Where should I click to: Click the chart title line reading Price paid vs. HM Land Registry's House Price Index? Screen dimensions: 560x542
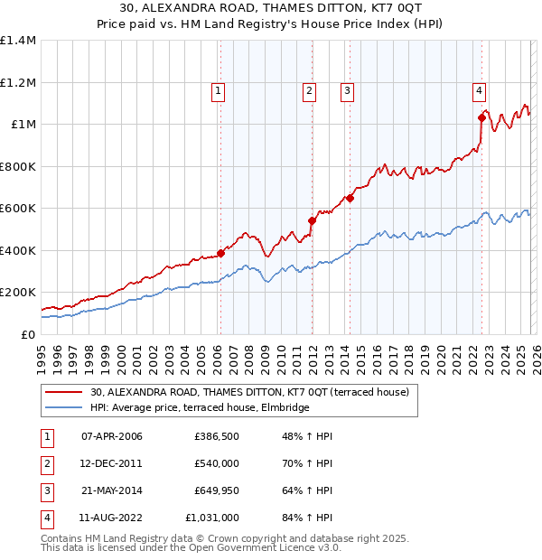pyautogui.click(x=271, y=24)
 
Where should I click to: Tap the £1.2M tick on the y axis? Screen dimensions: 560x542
pyautogui.click(x=18, y=82)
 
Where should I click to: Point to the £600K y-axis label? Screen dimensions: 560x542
pyautogui.click(x=18, y=208)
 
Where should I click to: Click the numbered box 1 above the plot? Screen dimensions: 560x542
pyautogui.click(x=220, y=89)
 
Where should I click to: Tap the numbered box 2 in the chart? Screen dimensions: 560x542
pyautogui.click(x=309, y=89)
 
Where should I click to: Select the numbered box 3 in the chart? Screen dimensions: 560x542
pyautogui.click(x=348, y=89)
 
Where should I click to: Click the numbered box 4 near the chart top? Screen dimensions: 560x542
pyautogui.click(x=478, y=89)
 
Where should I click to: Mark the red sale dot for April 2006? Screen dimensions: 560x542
pyautogui.click(x=220, y=254)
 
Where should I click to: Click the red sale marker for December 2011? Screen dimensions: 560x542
pyautogui.click(x=312, y=220)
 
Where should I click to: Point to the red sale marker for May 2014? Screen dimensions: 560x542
pyautogui.click(x=350, y=199)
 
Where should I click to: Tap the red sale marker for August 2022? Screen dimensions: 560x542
pyautogui.click(x=481, y=117)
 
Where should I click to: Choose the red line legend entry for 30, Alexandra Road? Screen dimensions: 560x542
pyautogui.click(x=250, y=392)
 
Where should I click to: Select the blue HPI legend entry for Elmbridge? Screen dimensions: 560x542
pyautogui.click(x=200, y=407)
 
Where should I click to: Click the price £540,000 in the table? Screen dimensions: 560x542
pyautogui.click(x=216, y=463)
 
